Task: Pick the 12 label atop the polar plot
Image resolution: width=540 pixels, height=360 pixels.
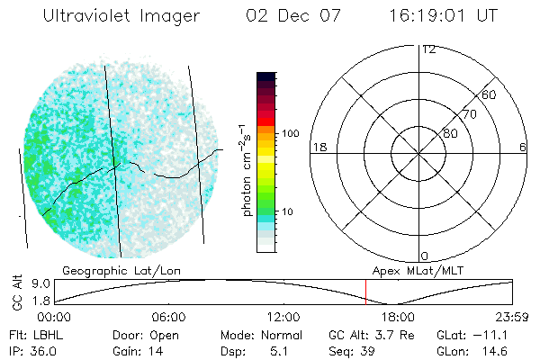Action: coord(428,49)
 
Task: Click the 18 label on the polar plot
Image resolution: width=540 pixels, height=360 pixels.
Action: coord(318,147)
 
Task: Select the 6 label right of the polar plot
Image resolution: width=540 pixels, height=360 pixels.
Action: coord(523,147)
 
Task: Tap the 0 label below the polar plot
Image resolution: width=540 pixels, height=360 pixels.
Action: coord(426,256)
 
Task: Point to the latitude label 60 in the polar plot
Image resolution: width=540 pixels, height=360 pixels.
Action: coord(490,94)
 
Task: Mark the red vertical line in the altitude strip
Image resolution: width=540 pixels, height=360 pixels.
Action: coord(365,292)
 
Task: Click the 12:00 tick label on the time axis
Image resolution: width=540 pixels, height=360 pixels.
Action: coord(283,318)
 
